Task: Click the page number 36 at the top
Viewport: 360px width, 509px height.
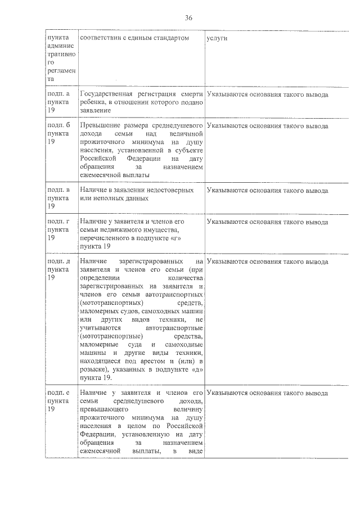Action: pos(188,18)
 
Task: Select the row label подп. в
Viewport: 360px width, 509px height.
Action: pos(58,191)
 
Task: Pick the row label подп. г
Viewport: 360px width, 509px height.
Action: pos(58,222)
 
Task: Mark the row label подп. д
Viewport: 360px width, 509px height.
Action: pos(58,262)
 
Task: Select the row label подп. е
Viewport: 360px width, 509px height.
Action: pos(58,392)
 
